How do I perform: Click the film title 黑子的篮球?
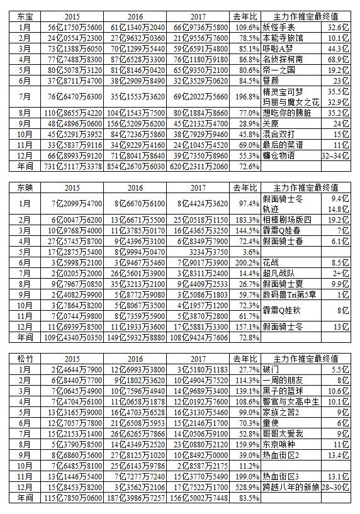[x=287, y=391]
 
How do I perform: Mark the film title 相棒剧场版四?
[x=291, y=220]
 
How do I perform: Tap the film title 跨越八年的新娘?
[x=295, y=488]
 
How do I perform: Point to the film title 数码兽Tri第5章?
[x=293, y=294]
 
